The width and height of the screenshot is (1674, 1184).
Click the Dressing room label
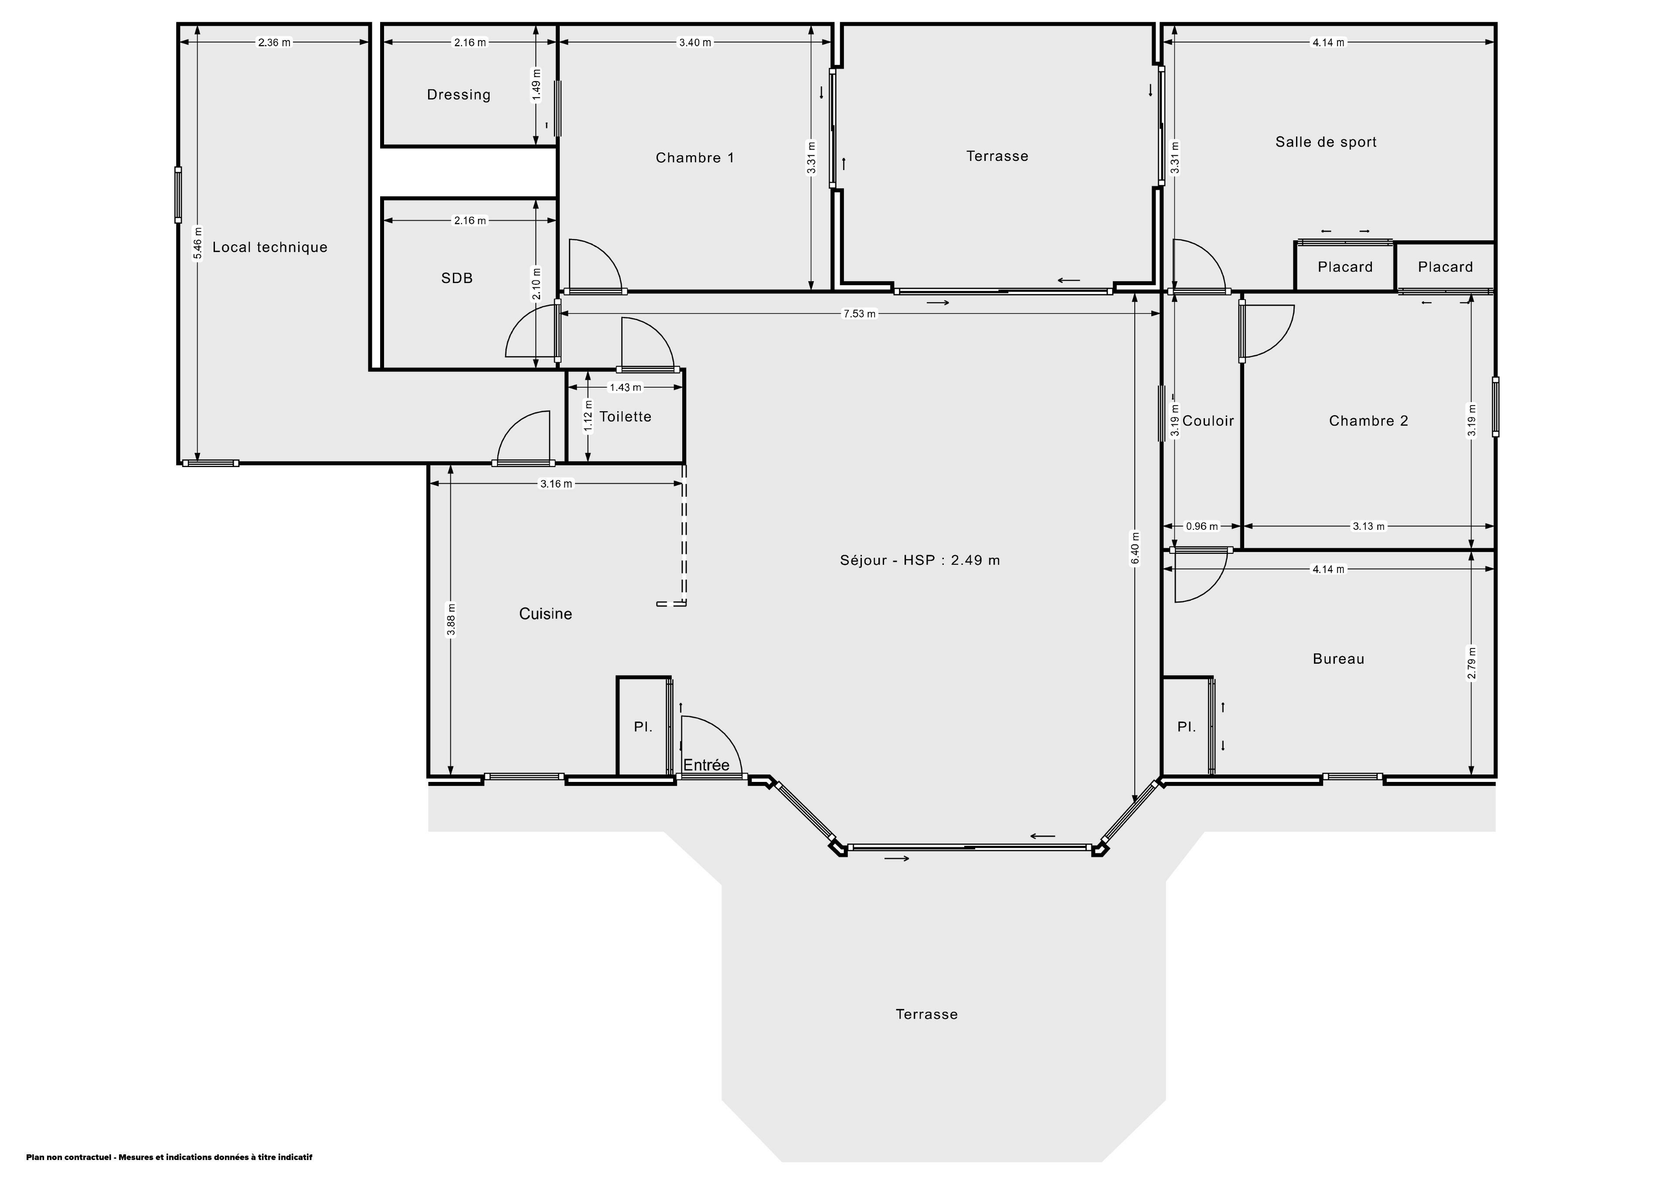pyautogui.click(x=459, y=95)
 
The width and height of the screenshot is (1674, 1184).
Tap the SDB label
pyautogui.click(x=457, y=278)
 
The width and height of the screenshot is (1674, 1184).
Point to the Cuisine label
pyautogui.click(x=545, y=614)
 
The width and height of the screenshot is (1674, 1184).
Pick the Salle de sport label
pyautogui.click(x=1326, y=142)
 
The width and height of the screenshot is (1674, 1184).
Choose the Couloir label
pyautogui.click(x=1208, y=421)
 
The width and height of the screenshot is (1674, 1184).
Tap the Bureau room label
pyautogui.click(x=1339, y=659)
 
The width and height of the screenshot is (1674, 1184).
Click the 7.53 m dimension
pyautogui.click(x=860, y=314)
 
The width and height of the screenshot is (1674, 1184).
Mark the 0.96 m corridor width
pyautogui.click(x=1201, y=526)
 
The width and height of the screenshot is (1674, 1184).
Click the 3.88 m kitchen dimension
pyautogui.click(x=451, y=619)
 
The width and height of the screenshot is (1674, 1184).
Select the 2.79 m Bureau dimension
pyautogui.click(x=1472, y=663)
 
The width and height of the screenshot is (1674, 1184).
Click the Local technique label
pyautogui.click(x=270, y=247)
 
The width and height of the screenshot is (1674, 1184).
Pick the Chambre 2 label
pyautogui.click(x=1368, y=421)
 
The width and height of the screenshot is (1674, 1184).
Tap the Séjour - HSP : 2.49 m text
pyautogui.click(x=920, y=560)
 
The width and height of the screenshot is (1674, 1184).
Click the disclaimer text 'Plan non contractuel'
pyautogui.click(x=68, y=1157)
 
